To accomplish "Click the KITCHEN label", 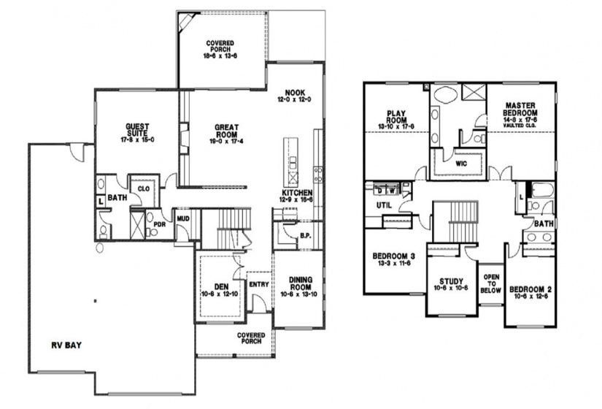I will [298, 194].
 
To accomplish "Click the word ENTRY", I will [258, 285].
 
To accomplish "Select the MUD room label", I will [182, 216].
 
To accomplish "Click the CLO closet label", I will [143, 188].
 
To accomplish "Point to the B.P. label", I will [306, 235].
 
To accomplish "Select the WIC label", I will [460, 164].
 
